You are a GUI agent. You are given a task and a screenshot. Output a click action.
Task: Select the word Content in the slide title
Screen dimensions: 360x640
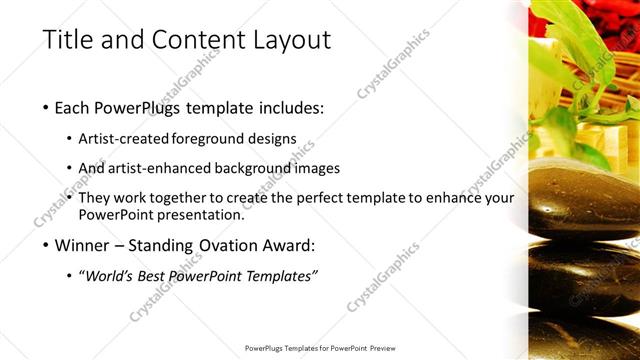[x=194, y=41]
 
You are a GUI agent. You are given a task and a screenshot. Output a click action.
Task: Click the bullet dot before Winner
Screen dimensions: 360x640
[x=47, y=245]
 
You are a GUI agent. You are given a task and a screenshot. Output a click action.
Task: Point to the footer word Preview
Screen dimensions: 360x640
[x=379, y=349]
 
